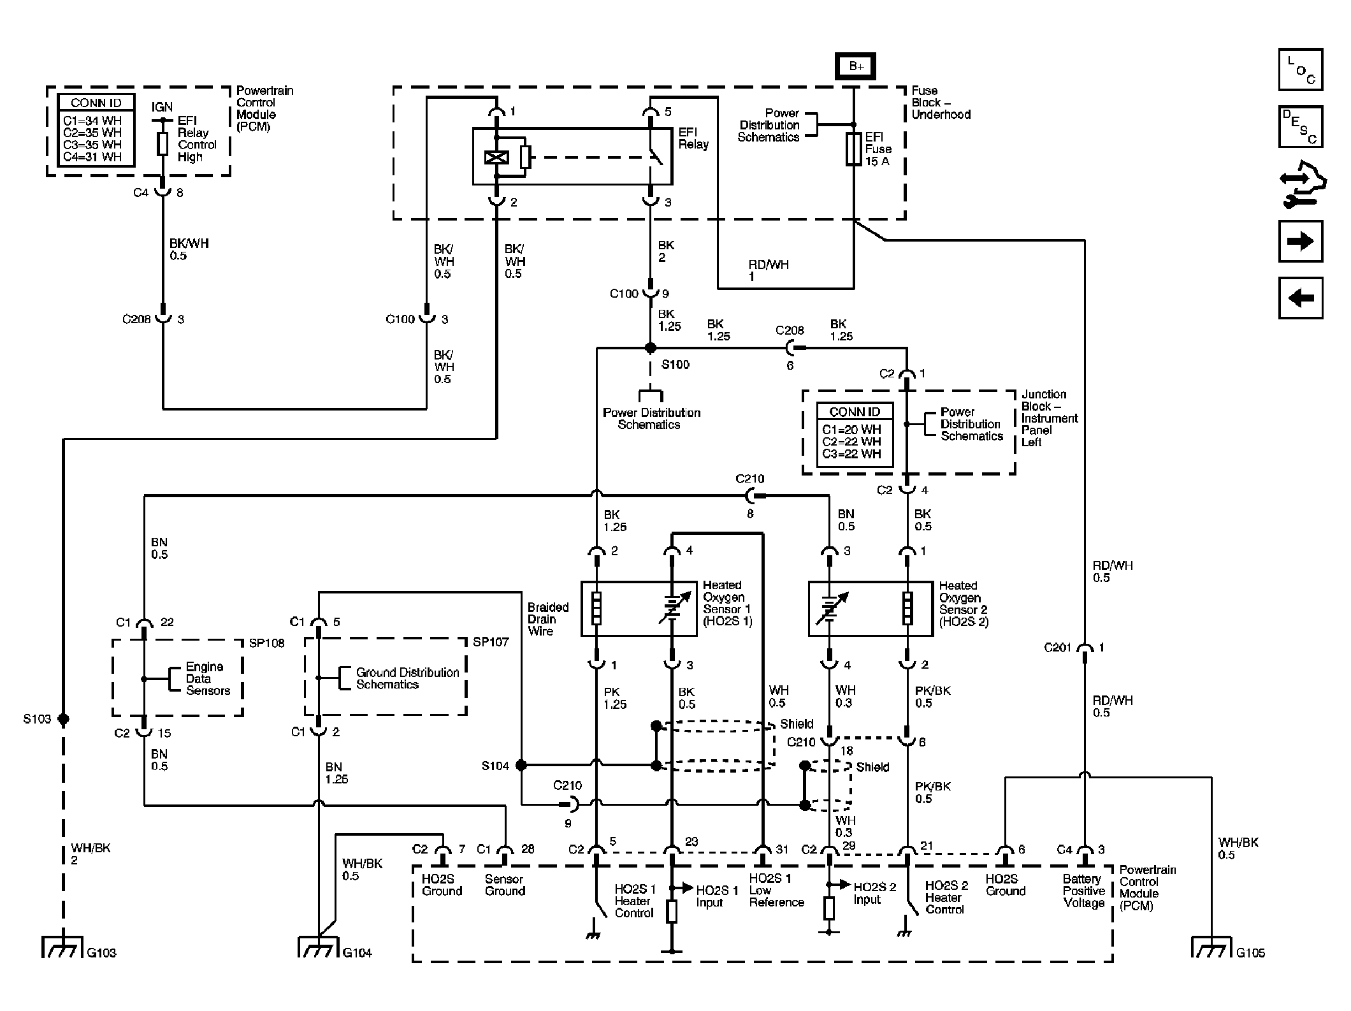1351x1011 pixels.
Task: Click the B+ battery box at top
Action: pyautogui.click(x=856, y=66)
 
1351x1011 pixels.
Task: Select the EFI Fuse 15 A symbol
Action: pyautogui.click(x=853, y=150)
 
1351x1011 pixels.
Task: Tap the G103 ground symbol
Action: pyautogui.click(x=62, y=947)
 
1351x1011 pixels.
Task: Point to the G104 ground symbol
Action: pyautogui.click(x=318, y=947)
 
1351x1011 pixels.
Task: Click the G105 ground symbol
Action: pyautogui.click(x=1211, y=947)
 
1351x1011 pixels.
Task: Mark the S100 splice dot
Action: pyautogui.click(x=650, y=348)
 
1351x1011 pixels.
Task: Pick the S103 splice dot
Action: pyautogui.click(x=63, y=719)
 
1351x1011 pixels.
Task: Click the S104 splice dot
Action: pyautogui.click(x=521, y=765)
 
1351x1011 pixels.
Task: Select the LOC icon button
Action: pyautogui.click(x=1301, y=69)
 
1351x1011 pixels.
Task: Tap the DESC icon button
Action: pyautogui.click(x=1301, y=127)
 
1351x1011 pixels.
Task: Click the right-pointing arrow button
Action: pyautogui.click(x=1301, y=241)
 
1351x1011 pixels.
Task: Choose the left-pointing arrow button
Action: pyautogui.click(x=1301, y=298)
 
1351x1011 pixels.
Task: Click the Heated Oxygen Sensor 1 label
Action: pyautogui.click(x=727, y=602)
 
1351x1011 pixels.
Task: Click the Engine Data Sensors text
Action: pyautogui.click(x=207, y=678)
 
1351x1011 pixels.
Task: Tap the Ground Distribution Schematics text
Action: pyautogui.click(x=407, y=678)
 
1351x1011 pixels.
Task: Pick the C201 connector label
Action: pyautogui.click(x=1057, y=648)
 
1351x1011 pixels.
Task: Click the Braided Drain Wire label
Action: pyautogui.click(x=547, y=619)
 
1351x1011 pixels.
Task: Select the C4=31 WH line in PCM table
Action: pyautogui.click(x=92, y=157)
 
